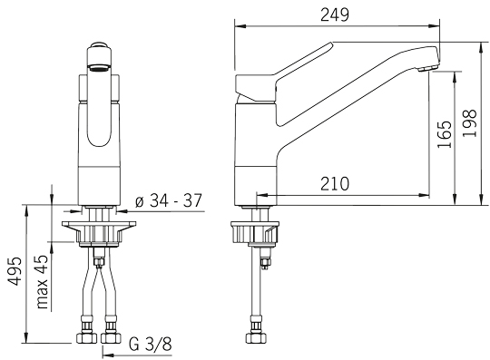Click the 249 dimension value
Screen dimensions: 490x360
tap(335, 15)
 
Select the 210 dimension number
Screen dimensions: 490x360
tap(335, 183)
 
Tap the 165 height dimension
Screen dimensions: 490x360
tap(445, 134)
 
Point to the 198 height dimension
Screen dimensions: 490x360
tap(469, 122)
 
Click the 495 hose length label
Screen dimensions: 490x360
tap(15, 271)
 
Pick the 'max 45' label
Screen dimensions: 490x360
tap(42, 282)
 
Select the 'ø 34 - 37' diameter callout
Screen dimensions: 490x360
tap(169, 200)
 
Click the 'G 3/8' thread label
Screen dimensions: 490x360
tap(151, 345)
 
